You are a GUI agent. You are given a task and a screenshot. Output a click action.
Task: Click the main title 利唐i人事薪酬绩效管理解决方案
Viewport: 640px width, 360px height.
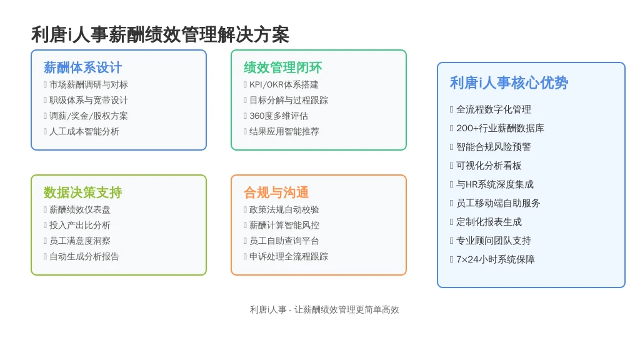click(160, 35)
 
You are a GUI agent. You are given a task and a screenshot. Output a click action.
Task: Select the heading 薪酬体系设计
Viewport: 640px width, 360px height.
click(83, 67)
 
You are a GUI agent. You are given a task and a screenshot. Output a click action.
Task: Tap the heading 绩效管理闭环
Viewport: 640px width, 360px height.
click(283, 67)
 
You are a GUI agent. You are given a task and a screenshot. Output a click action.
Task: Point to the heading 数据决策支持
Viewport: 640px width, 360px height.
click(83, 192)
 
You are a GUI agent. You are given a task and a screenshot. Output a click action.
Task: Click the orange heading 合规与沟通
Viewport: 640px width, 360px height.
click(276, 192)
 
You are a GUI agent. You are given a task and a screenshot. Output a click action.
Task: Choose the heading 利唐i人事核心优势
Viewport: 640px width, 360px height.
click(509, 83)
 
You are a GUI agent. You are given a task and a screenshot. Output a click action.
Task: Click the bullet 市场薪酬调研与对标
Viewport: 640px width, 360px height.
click(89, 85)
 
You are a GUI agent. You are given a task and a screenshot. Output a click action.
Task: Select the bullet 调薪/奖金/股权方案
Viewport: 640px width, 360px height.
click(89, 116)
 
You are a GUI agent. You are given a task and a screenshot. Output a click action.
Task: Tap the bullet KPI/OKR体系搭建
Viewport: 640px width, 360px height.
click(284, 85)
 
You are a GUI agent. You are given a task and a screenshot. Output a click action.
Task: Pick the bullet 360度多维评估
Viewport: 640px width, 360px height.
click(279, 116)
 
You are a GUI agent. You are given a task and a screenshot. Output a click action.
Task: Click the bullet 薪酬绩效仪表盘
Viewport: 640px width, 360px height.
click(80, 210)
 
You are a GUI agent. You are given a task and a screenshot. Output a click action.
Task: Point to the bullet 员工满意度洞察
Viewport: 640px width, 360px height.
click(80, 241)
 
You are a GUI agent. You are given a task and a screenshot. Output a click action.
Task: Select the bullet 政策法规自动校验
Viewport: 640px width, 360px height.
click(284, 210)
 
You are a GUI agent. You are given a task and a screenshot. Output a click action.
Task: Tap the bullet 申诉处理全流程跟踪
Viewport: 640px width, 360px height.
click(289, 257)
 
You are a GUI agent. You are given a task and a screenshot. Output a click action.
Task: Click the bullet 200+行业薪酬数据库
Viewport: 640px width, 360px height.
click(500, 128)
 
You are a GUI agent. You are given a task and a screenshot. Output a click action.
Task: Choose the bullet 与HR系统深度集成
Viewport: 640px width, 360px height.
click(495, 184)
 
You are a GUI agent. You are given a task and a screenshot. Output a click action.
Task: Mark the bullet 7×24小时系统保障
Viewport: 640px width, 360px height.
click(496, 259)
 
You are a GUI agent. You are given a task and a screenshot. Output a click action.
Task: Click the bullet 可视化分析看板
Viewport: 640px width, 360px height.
click(489, 166)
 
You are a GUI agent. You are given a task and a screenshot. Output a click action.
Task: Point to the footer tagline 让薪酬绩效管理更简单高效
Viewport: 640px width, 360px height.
click(346, 310)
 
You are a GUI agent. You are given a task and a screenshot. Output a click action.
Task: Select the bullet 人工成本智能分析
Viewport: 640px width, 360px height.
click(84, 132)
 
